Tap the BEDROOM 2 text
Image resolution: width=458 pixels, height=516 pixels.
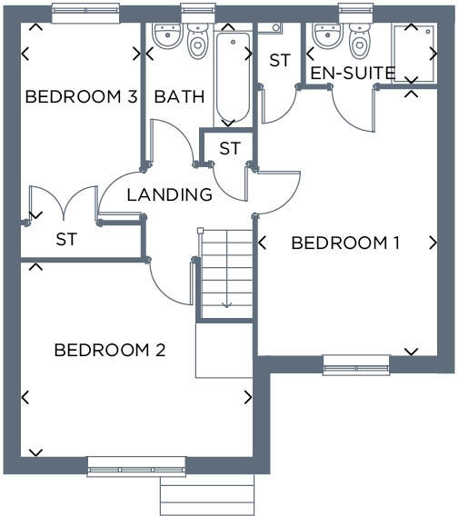[109, 350]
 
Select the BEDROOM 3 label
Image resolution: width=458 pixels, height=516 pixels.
[81, 97]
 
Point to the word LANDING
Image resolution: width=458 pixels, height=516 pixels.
[169, 194]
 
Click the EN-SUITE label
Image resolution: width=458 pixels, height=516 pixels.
[353, 73]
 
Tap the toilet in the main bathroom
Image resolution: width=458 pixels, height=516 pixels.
[197, 39]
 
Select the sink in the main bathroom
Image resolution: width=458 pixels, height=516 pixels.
[166, 36]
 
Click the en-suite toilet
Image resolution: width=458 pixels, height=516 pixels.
[359, 39]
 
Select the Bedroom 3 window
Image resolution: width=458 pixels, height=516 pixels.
[85, 12]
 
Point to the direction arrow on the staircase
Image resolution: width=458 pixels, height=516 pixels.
[225, 303]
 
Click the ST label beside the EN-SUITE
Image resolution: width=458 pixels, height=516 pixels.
[279, 61]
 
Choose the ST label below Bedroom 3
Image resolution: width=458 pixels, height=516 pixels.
[65, 240]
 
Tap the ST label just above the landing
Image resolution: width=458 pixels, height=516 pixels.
[230, 148]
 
